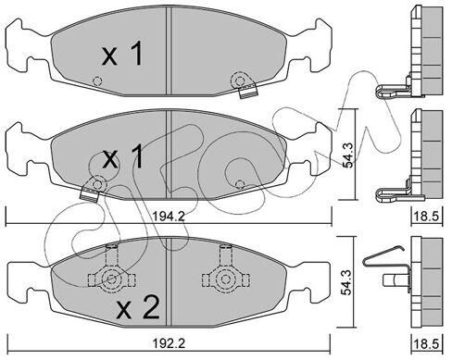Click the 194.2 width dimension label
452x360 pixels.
tap(169, 217)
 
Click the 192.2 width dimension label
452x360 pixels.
tap(169, 343)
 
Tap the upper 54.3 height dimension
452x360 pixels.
tap(349, 155)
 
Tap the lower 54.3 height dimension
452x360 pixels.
tap(348, 282)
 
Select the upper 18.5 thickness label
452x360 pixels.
tap(426, 217)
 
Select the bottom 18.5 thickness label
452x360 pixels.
tap(426, 344)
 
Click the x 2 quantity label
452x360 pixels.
tap(138, 307)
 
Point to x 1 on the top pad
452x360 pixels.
tap(122, 54)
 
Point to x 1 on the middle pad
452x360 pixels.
tap(122, 156)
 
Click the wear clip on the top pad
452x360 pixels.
tap(247, 91)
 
